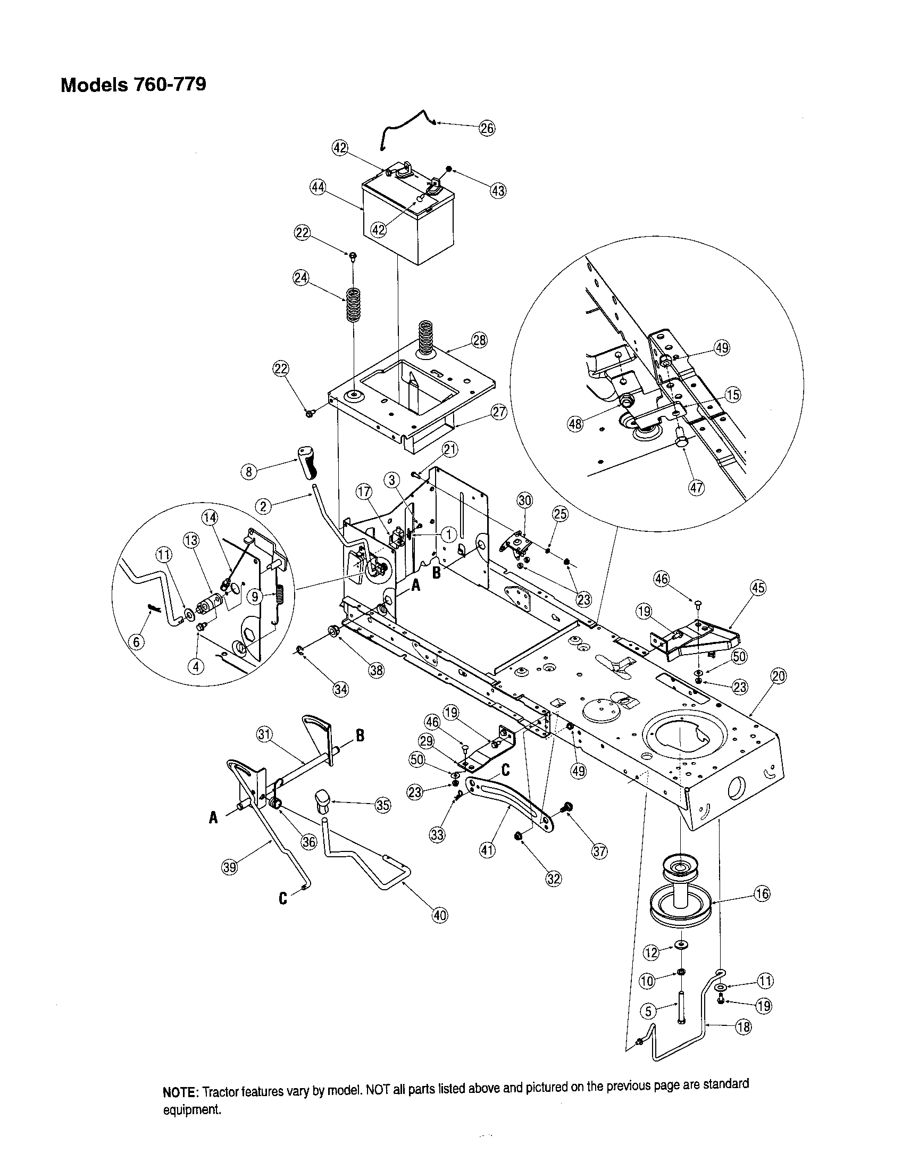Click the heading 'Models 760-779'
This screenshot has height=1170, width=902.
[x=133, y=85]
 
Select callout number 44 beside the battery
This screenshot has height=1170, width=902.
[x=318, y=187]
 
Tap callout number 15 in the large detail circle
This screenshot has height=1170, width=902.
[x=733, y=395]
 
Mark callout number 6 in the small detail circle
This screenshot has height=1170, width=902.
[x=138, y=642]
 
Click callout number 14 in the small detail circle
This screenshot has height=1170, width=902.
[x=210, y=517]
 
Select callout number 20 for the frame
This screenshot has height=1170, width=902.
[x=778, y=676]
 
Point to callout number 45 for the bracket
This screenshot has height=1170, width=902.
[x=758, y=588]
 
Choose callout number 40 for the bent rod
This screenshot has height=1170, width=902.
[x=439, y=916]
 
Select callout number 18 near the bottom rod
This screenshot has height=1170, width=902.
[x=744, y=1027]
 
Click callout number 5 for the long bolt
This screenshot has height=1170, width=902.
[x=648, y=1011]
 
